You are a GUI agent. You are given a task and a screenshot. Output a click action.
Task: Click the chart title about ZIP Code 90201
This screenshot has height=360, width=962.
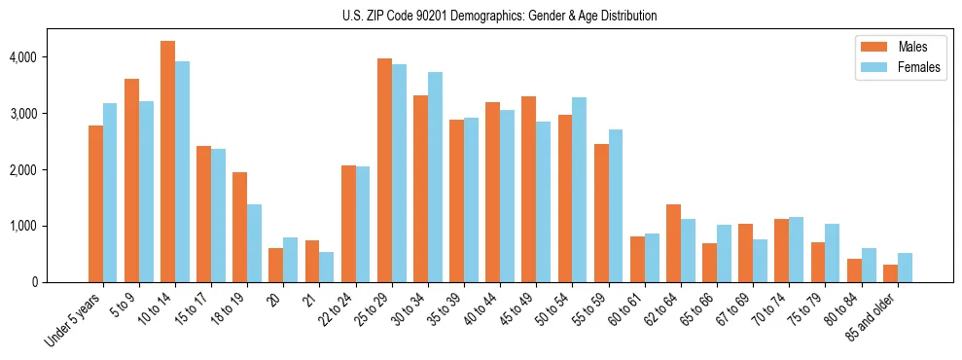(x=499, y=16)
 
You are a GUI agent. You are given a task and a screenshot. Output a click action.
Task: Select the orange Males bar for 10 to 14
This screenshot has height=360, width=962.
(x=167, y=162)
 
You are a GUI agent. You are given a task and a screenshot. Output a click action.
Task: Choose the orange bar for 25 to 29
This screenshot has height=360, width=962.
(x=384, y=170)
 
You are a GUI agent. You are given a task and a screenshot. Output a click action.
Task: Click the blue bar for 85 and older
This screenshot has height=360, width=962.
(x=905, y=268)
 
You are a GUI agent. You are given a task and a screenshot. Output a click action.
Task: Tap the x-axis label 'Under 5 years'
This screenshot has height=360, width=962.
(x=73, y=320)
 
